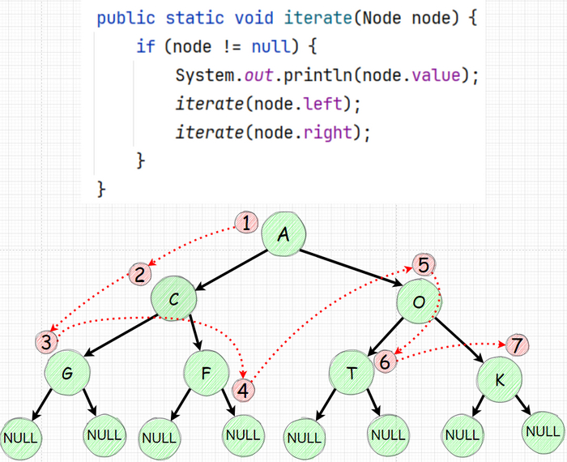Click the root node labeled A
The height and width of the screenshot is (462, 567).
pos(283,235)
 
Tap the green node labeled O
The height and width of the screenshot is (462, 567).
pos(419,302)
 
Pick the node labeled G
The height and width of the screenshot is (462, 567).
pos(67,374)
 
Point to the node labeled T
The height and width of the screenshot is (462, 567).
pos(352,374)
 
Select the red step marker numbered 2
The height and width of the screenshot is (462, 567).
pos(139,274)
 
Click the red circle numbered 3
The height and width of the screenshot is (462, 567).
pos(47,341)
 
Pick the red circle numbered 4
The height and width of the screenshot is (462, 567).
pos(245,388)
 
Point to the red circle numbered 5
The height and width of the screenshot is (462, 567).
pos(424,264)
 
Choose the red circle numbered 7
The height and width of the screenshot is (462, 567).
pos(516,344)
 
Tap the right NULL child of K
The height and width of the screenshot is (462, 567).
pos(542,431)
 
